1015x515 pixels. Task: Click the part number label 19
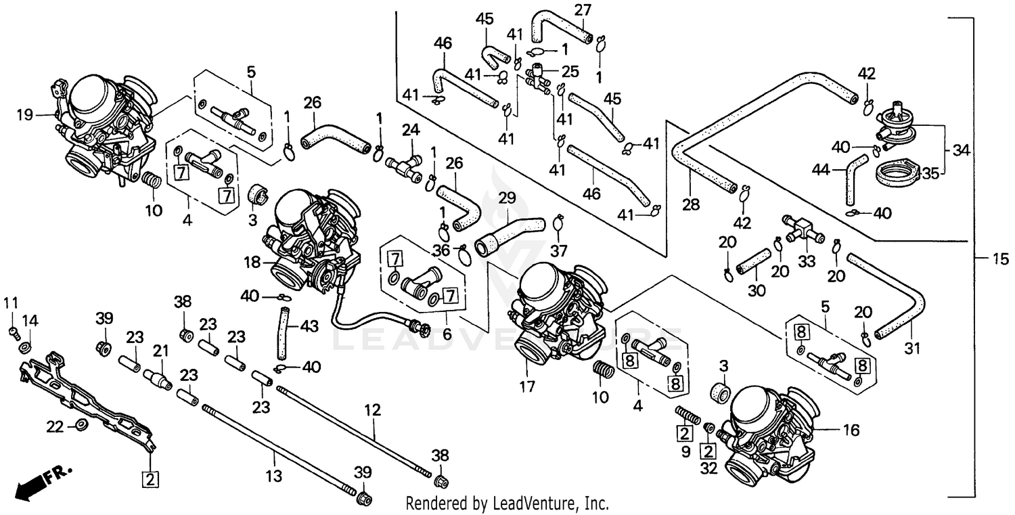(x=24, y=116)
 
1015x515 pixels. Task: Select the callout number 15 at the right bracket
(x=1000, y=259)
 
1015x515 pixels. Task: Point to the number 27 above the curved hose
(x=583, y=9)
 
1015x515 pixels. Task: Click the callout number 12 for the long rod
(x=373, y=410)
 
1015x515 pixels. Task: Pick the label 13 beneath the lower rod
(x=273, y=476)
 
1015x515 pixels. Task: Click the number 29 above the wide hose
(x=507, y=198)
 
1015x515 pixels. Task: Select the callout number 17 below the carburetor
(x=527, y=387)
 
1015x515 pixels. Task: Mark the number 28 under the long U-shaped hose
(x=690, y=204)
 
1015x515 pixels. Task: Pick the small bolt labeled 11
(x=12, y=331)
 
